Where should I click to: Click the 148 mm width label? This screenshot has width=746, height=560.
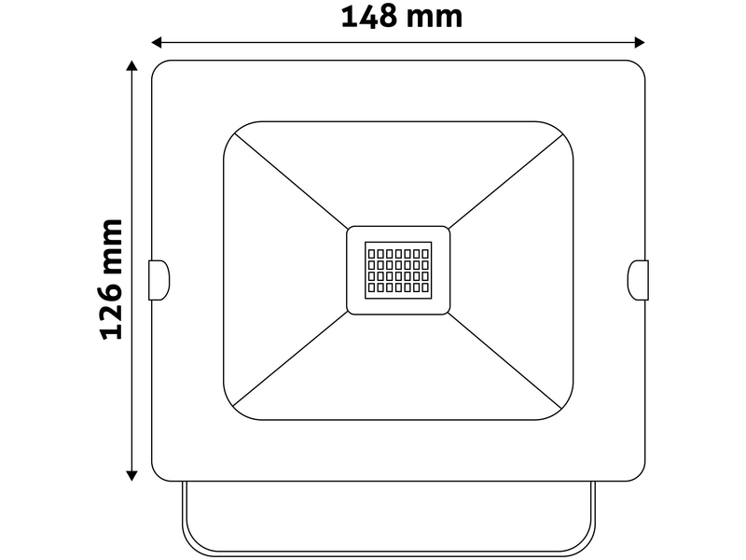(401, 17)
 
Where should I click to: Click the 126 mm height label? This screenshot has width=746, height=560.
(111, 279)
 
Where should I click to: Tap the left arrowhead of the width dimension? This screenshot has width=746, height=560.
(158, 42)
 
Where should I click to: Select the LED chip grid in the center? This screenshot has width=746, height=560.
(398, 271)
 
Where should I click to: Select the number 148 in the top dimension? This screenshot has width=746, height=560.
(371, 17)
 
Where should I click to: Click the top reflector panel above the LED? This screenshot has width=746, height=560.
(398, 173)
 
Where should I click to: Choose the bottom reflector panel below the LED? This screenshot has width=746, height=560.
(398, 369)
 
